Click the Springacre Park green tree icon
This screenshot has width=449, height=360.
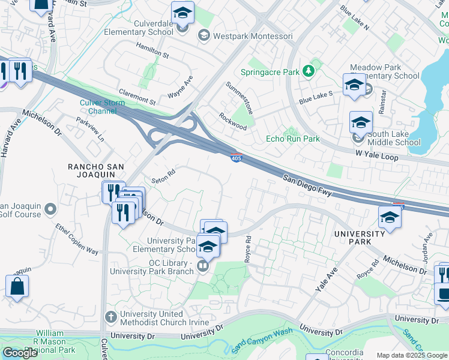point(309,71)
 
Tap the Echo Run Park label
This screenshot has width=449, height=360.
point(292,139)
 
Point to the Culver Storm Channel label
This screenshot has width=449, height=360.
point(102,107)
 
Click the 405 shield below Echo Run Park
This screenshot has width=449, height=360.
point(237,157)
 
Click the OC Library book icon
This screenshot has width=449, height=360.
point(203,266)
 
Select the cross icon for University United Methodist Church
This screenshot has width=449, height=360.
point(110,316)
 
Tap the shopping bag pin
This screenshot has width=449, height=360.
point(17,286)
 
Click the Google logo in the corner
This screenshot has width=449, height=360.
point(19,353)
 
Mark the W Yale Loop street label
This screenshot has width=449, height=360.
point(377,155)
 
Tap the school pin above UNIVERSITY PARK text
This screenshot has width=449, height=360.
point(390,217)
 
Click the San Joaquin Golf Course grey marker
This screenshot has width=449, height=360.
point(50,209)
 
